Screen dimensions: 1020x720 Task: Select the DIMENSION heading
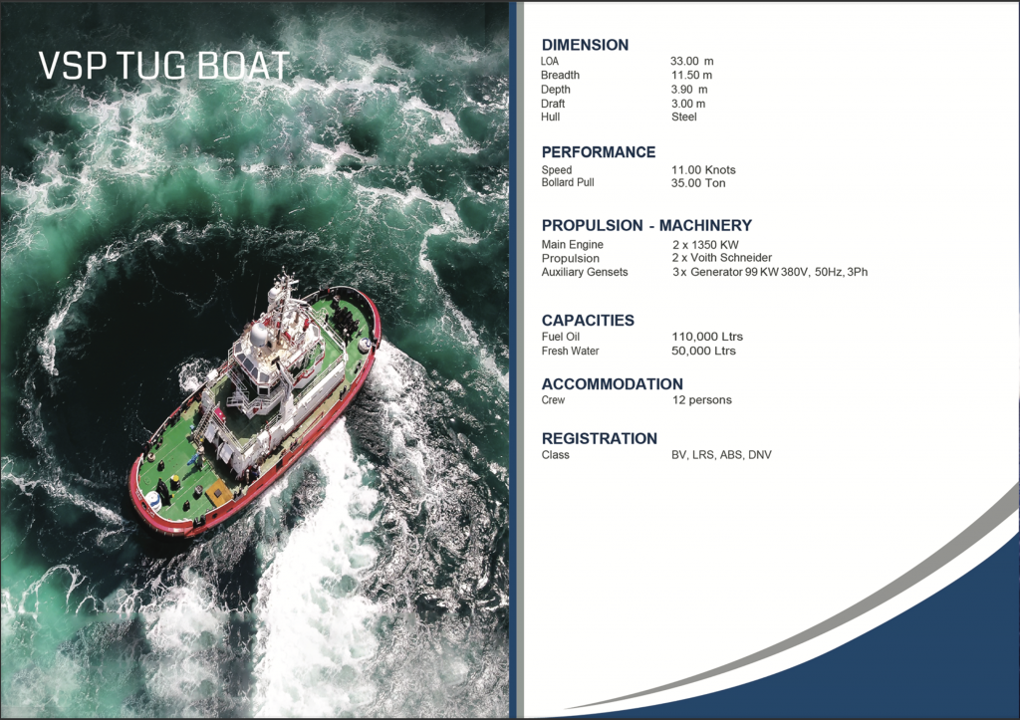coord(585,45)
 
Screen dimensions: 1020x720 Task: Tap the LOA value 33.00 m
coord(691,61)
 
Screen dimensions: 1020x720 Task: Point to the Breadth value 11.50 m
coord(691,76)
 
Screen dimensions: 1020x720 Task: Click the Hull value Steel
coord(683,118)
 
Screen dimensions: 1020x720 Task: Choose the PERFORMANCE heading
coord(599,152)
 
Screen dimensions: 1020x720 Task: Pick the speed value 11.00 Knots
coord(703,169)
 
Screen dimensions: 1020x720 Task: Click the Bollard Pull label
coord(567,183)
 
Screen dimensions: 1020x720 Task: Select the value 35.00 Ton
coord(698,183)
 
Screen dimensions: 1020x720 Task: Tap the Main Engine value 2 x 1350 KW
coord(705,245)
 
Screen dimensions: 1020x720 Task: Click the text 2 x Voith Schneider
coord(722,258)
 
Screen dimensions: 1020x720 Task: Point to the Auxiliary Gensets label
coord(584,272)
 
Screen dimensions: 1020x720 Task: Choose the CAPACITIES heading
coord(588,321)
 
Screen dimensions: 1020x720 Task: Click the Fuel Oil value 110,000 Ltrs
coord(707,337)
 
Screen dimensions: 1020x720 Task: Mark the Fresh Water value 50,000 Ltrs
coord(703,352)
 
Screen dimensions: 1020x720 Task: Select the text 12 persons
coord(702,400)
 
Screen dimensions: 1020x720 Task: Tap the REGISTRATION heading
coord(599,439)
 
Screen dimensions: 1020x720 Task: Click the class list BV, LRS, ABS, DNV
coord(721,455)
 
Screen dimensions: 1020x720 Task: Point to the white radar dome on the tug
coord(258,333)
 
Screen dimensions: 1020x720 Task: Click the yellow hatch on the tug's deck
coord(218,494)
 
